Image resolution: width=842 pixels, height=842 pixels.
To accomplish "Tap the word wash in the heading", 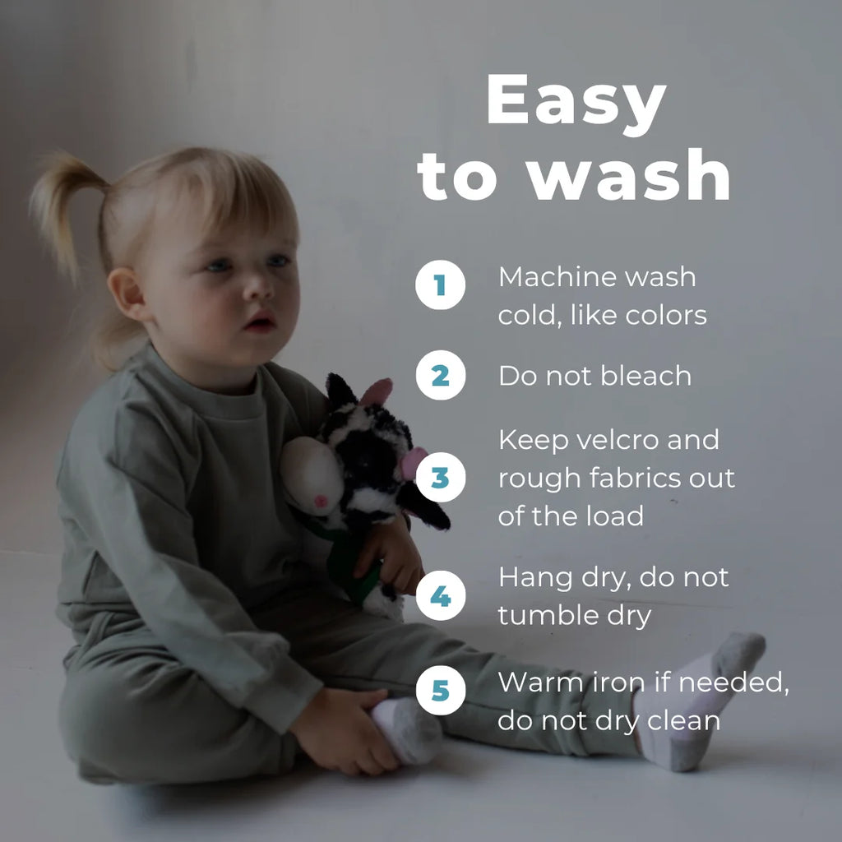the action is (627, 174).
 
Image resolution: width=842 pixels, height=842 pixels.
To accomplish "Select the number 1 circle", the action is (441, 285).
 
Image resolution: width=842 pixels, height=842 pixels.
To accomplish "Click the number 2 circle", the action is (441, 375).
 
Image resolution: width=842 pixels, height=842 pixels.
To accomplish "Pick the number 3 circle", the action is (441, 478).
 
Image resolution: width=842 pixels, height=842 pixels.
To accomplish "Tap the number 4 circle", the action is (441, 595).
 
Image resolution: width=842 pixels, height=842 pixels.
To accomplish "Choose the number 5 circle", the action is (441, 690).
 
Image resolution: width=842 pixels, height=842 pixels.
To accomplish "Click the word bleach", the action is (646, 375).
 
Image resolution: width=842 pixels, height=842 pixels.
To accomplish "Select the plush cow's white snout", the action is (312, 476).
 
